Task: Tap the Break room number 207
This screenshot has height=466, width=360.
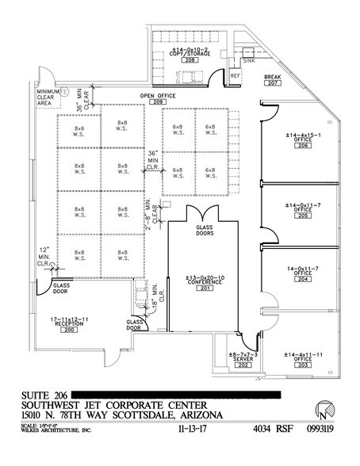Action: click(273, 83)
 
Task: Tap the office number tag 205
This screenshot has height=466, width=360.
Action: click(301, 216)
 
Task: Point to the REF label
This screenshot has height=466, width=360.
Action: click(235, 76)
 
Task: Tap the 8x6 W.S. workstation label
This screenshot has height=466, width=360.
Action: click(79, 130)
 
